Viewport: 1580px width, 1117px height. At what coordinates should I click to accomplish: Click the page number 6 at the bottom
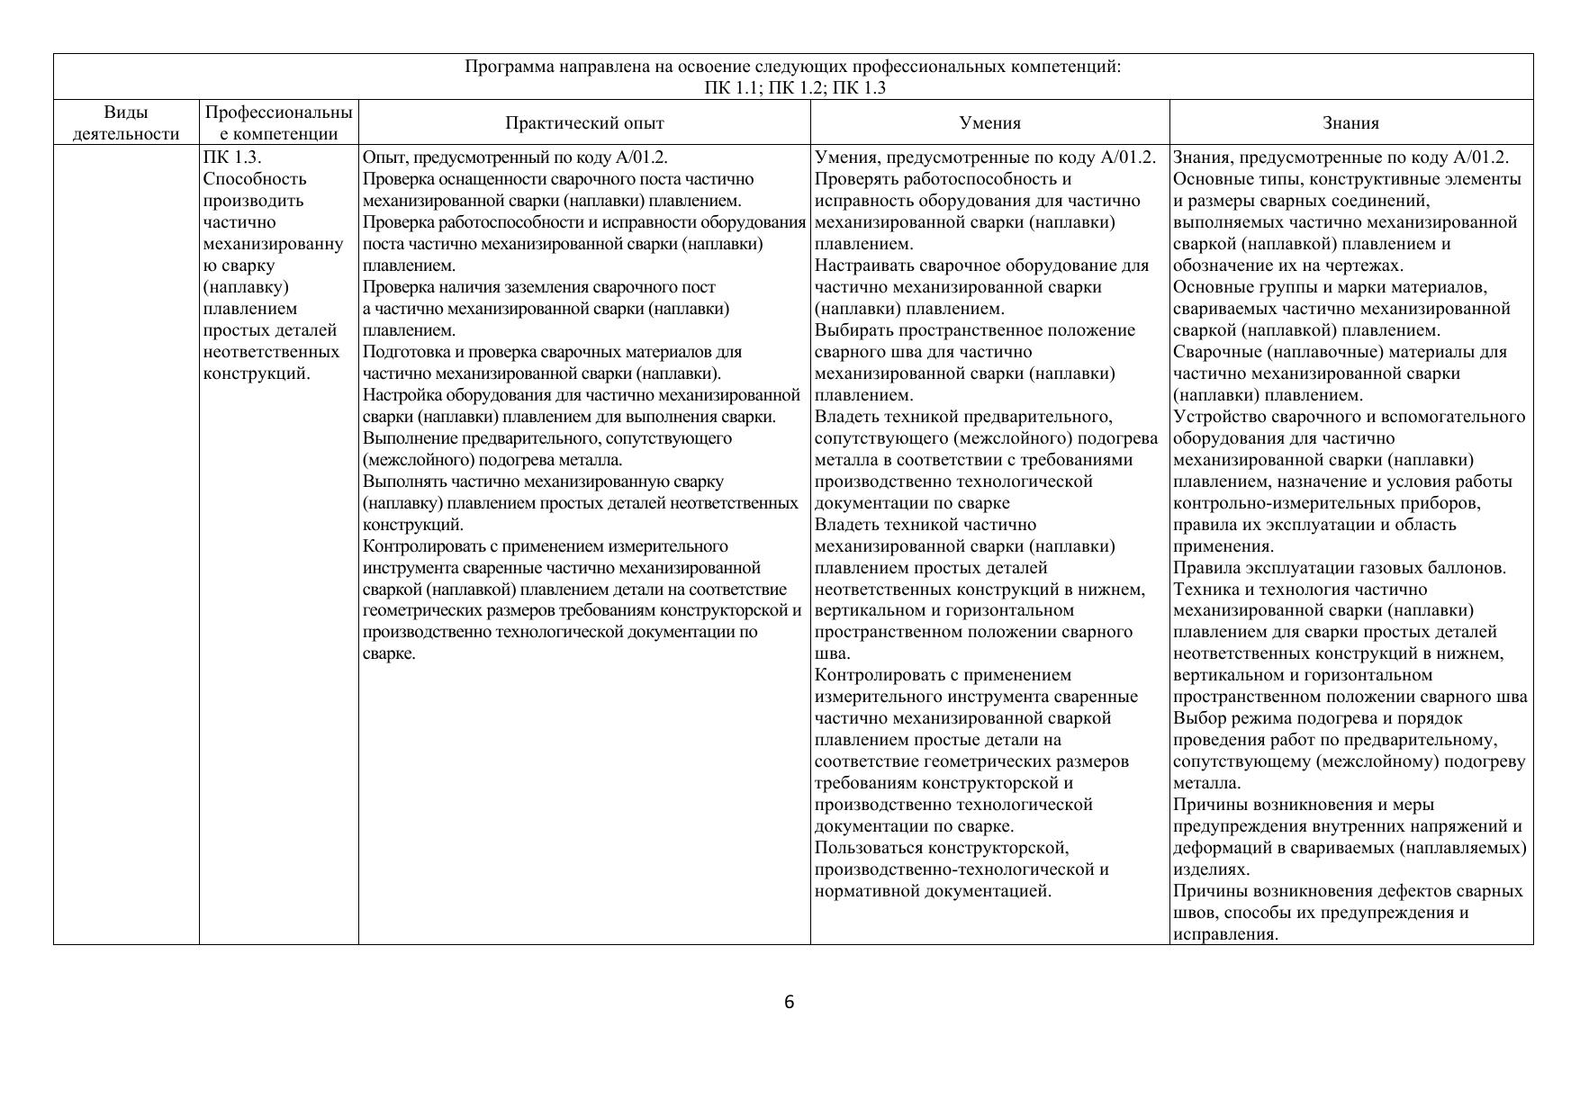pos(789,1002)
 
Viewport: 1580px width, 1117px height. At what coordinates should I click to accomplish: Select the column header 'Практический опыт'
pos(584,123)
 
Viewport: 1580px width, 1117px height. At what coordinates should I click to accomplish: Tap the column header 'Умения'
pos(989,123)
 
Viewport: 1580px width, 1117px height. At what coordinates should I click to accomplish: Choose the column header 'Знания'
pos(1350,123)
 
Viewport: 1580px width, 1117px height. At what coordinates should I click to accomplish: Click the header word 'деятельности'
pos(126,134)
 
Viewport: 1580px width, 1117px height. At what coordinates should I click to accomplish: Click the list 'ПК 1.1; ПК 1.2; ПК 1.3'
pos(794,87)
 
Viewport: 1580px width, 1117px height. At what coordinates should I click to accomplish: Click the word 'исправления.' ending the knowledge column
pos(1225,934)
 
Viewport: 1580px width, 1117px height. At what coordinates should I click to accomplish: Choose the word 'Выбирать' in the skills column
pos(853,330)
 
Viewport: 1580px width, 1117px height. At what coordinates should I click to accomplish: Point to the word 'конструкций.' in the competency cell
pos(257,374)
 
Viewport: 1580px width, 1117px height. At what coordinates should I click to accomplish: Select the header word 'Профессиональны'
pos(278,113)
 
